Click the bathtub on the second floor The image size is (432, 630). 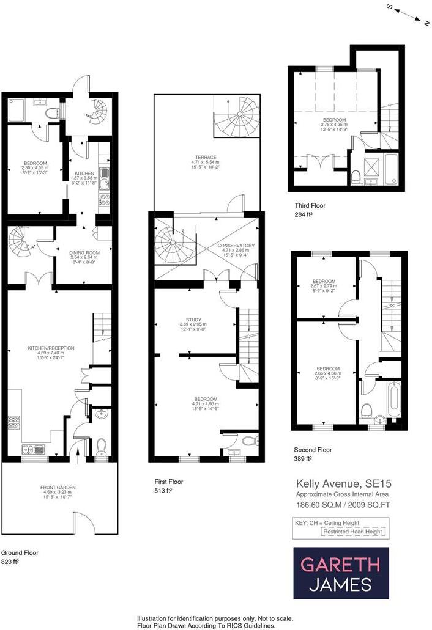click(394, 398)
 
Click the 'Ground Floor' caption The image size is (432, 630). click(20, 552)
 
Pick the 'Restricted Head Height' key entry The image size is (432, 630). click(353, 532)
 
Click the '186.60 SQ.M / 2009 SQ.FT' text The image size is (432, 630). click(339, 505)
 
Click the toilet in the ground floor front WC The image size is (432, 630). click(101, 448)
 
